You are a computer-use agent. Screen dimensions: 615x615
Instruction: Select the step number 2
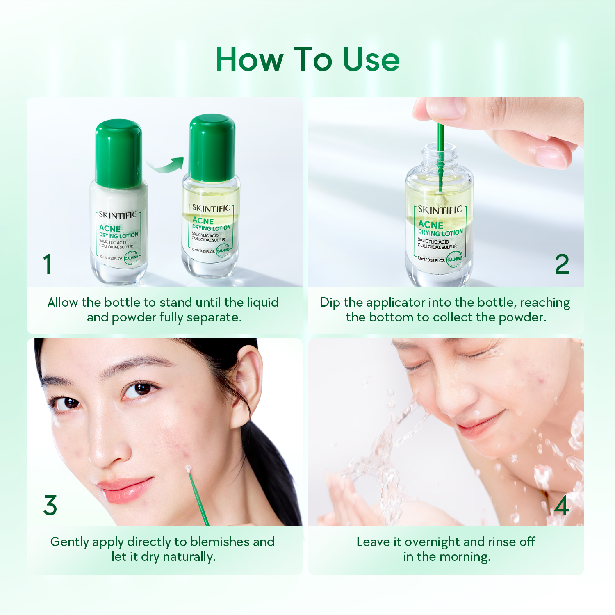click(562, 264)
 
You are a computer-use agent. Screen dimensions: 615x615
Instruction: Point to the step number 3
click(50, 505)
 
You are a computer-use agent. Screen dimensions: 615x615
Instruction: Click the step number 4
click(561, 505)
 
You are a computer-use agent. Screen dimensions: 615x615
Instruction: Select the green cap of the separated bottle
click(212, 148)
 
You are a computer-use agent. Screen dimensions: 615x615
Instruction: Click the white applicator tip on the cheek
click(188, 469)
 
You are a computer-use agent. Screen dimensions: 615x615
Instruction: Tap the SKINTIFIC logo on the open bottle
click(440, 210)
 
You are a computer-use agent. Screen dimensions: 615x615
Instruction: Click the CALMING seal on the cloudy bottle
click(131, 258)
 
